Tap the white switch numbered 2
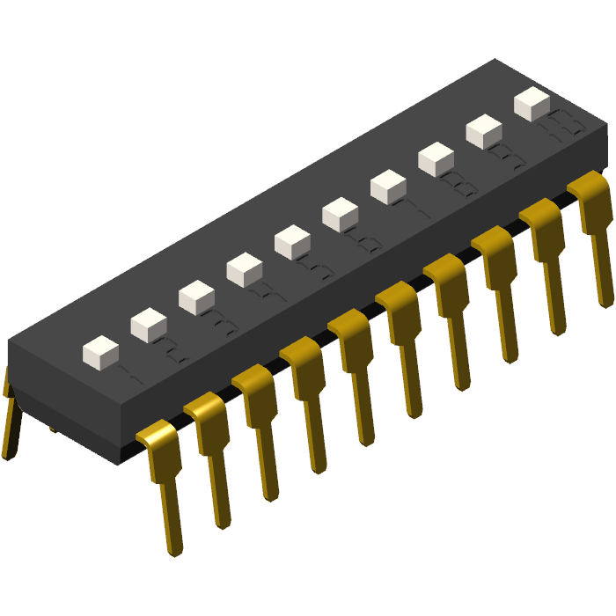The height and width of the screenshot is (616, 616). pos(149,325)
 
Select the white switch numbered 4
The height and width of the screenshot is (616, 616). pos(244,269)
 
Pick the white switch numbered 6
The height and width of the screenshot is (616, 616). pos(340,215)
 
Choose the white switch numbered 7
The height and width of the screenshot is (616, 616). pos(388,187)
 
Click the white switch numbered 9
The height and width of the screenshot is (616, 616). pos(483,131)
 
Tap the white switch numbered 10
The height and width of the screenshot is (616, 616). pos(532,103)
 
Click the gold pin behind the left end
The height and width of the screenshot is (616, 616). pos(11,422)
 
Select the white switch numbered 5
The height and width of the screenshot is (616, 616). pos(292,242)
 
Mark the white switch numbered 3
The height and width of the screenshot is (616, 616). pos(196,297)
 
